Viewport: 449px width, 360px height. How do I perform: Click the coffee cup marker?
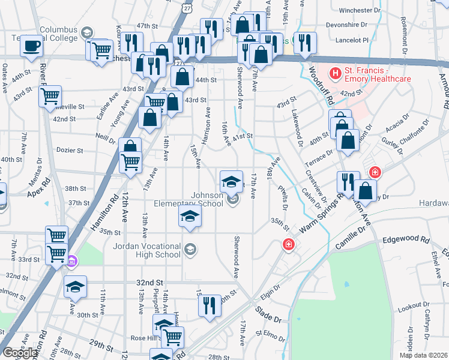32,46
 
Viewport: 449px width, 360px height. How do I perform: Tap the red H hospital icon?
335,74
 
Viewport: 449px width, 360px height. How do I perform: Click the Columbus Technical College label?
59,35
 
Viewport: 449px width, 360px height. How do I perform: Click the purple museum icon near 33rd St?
72,260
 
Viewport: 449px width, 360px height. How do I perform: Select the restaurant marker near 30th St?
209,304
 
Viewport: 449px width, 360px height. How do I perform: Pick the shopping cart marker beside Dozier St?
131,162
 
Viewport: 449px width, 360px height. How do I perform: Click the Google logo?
20,353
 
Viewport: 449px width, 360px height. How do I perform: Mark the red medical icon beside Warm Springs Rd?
289,244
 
